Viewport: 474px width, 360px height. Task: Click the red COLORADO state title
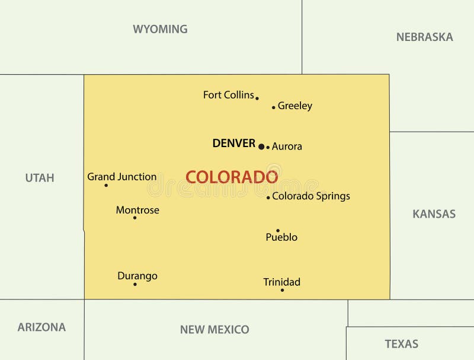pyautogui.click(x=232, y=177)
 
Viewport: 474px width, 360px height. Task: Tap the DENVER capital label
pyautogui.click(x=233, y=144)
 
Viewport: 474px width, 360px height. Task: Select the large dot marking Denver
pyautogui.click(x=261, y=146)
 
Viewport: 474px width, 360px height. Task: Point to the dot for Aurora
pyautogui.click(x=268, y=147)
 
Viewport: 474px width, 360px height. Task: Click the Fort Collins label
pyautogui.click(x=228, y=95)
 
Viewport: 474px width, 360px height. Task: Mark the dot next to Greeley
pyautogui.click(x=273, y=107)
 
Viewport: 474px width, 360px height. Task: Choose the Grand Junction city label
pyautogui.click(x=122, y=177)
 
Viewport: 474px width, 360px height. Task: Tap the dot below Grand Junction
pyautogui.click(x=106, y=185)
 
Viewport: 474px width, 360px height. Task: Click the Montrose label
pyautogui.click(x=137, y=210)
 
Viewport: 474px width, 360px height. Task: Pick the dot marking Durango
pyautogui.click(x=134, y=284)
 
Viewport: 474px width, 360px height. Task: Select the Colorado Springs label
pyautogui.click(x=311, y=196)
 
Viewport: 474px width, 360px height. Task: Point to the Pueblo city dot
pyautogui.click(x=277, y=231)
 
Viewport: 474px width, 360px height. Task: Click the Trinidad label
pyautogui.click(x=282, y=282)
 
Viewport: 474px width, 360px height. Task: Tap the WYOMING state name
pyautogui.click(x=160, y=29)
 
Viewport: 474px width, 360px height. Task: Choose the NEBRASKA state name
pyautogui.click(x=424, y=37)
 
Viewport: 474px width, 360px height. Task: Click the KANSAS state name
pyautogui.click(x=434, y=214)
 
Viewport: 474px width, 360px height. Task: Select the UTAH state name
pyautogui.click(x=40, y=177)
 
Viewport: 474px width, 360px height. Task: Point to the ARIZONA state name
pyautogui.click(x=41, y=327)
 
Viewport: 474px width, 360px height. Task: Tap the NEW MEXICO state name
pyautogui.click(x=214, y=329)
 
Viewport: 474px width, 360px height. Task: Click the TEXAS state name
pyautogui.click(x=401, y=343)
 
